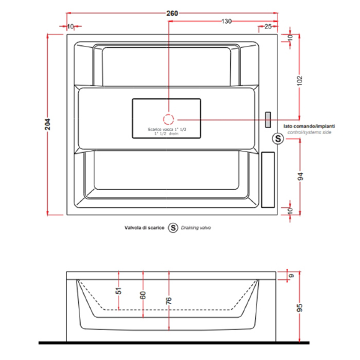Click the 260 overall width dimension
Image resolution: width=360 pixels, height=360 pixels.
tap(172, 13)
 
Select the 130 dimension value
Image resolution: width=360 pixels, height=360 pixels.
tap(226, 21)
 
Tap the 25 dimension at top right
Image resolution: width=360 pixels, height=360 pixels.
tap(268, 27)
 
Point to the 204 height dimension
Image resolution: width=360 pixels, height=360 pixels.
tap(48, 124)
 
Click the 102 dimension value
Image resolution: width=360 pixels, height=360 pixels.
tap(300, 81)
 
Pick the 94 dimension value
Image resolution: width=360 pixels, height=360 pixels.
tap(300, 176)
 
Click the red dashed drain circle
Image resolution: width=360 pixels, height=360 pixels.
tap(169, 119)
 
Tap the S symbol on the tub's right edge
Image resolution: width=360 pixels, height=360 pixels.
tap(278, 138)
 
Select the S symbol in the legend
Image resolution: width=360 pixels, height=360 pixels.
tap(173, 228)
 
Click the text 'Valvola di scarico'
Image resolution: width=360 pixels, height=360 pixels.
tap(145, 228)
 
